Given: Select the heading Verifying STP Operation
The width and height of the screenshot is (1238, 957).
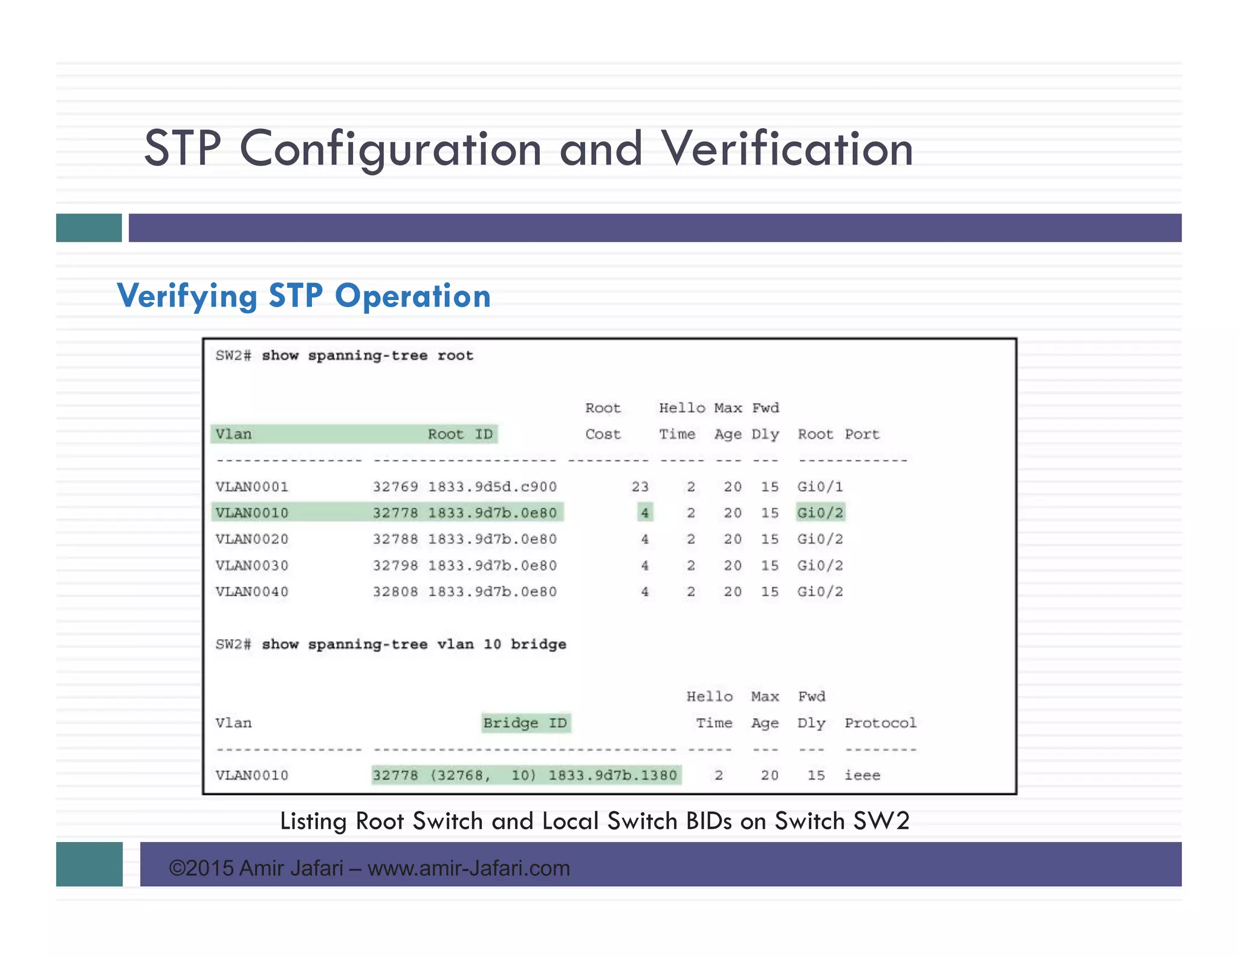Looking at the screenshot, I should (x=303, y=296).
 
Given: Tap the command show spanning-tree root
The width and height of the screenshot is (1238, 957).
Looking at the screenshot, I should (x=367, y=356).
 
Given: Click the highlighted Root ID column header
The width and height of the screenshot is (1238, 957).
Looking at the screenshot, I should (x=460, y=434).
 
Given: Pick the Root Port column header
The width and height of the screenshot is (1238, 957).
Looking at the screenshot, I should (x=838, y=434).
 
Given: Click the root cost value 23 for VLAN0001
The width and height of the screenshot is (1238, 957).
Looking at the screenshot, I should (x=640, y=487).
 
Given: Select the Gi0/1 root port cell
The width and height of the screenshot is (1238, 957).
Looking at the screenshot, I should (x=820, y=487).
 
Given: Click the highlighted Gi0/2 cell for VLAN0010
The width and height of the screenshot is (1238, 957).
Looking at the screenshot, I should (x=820, y=513).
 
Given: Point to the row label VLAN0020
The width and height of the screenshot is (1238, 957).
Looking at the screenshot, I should (x=252, y=539).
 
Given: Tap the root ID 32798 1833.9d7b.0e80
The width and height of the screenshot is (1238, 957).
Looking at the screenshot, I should (x=464, y=566).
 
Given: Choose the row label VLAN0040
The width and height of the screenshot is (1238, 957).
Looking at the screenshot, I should (x=252, y=592).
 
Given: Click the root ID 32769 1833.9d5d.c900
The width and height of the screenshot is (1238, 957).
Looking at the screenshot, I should (x=464, y=487).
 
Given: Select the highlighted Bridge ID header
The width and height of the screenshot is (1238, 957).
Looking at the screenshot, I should (x=525, y=723).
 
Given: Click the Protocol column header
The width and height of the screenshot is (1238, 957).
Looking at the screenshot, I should (x=880, y=723).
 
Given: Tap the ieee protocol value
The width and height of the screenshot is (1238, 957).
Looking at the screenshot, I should (x=862, y=776).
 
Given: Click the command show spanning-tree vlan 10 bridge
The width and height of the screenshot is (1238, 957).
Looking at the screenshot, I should (x=413, y=644).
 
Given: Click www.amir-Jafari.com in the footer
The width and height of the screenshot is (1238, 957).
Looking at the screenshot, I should (x=468, y=869).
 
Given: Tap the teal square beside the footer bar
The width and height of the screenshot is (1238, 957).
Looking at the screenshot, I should (x=89, y=864).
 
